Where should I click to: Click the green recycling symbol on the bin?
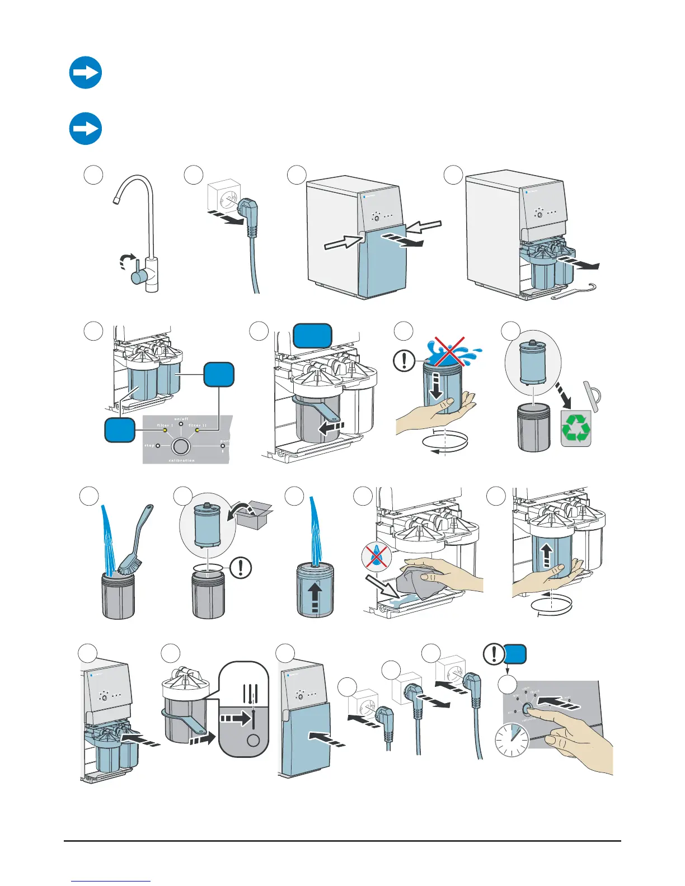[576, 429]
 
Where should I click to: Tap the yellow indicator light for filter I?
[165, 431]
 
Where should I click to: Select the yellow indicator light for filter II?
[197, 431]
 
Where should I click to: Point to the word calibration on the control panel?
[181, 460]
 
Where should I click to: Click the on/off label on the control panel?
[181, 419]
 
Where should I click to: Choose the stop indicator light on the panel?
[158, 446]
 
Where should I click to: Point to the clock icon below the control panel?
[512, 741]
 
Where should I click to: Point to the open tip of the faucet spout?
[116, 200]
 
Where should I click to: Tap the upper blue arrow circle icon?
[86, 73]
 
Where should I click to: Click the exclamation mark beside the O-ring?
[241, 568]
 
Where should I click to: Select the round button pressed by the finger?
[528, 709]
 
